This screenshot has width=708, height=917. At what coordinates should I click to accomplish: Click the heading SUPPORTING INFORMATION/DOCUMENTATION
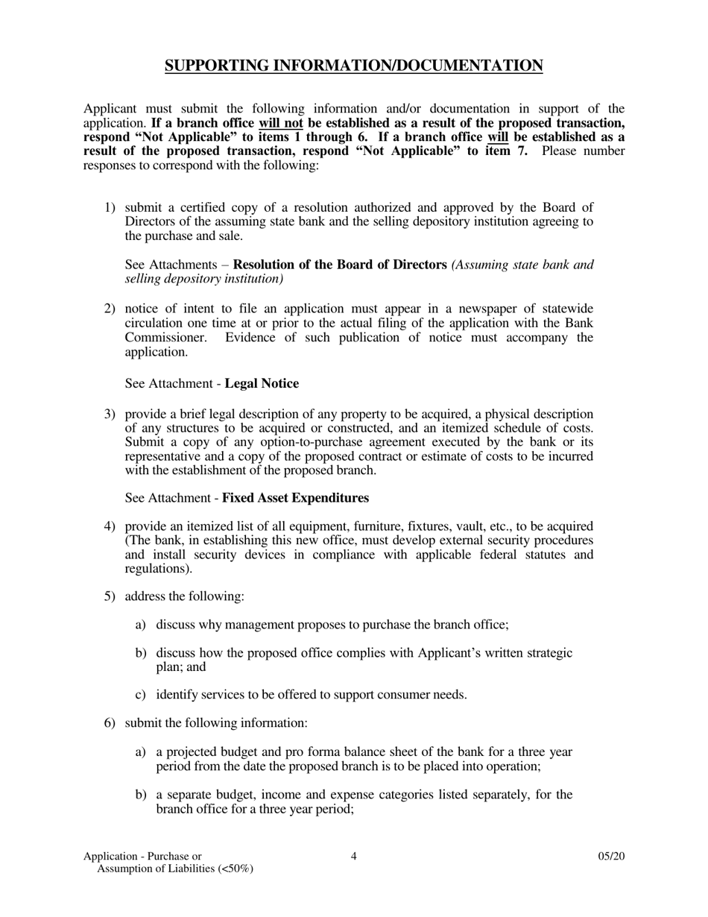(353, 66)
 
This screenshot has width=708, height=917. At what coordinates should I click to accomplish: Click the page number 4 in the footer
(353, 857)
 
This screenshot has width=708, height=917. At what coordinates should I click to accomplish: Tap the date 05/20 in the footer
(611, 857)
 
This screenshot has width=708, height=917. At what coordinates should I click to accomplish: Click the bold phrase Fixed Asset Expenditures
(295, 497)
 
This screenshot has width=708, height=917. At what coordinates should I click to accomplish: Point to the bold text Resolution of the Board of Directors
(341, 265)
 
